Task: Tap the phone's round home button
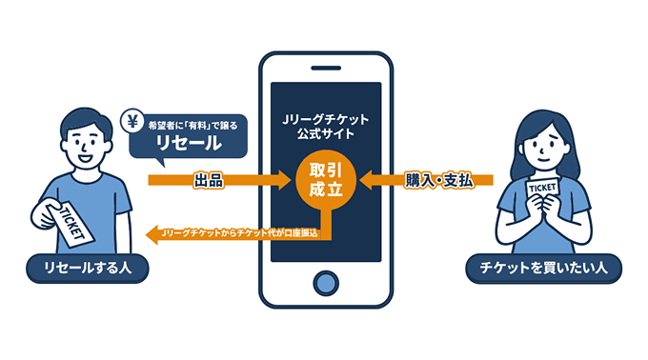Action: pos(325,285)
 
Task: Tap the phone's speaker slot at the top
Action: pos(325,67)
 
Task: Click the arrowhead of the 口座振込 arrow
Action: pos(151,232)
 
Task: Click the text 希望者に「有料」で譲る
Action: pos(192,121)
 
